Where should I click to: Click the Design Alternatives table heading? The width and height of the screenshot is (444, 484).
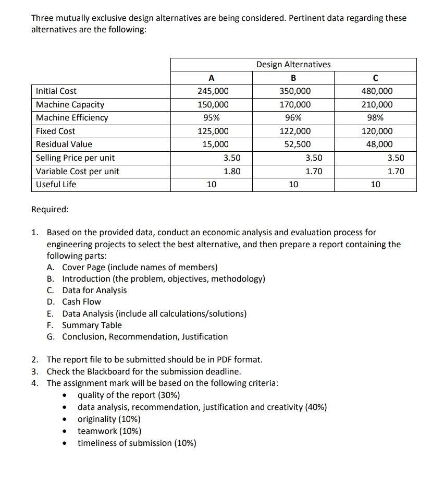pos(293,64)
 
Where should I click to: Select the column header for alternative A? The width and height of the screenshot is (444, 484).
pos(211,78)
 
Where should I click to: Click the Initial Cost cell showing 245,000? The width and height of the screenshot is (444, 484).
pos(212,91)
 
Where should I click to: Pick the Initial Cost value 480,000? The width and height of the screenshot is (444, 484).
pos(377,91)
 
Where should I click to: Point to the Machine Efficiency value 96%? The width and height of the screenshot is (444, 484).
pos(294,118)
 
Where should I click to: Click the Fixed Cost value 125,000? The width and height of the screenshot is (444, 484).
pos(212,131)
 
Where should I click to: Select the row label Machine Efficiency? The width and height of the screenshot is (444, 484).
pos(72,118)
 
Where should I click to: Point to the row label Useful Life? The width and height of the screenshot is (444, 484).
pos(56,184)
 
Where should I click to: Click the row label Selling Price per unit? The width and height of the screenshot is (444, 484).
pos(75,158)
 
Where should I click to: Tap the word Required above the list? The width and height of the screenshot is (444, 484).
pos(50,210)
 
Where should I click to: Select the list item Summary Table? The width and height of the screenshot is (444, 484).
pos(92,325)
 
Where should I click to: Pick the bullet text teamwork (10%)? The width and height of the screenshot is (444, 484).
pos(109,431)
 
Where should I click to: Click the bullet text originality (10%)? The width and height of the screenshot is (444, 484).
pos(109,419)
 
